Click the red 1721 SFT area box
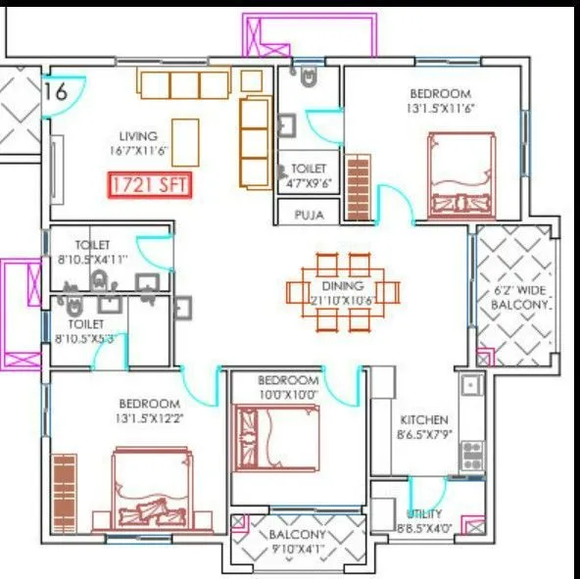(x=150, y=183)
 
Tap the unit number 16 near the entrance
(x=56, y=92)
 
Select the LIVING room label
(x=139, y=135)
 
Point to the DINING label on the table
(x=344, y=287)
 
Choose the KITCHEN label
(x=423, y=418)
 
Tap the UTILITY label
(x=423, y=513)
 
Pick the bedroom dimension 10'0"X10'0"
(x=289, y=394)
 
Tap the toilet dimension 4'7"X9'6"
(x=309, y=183)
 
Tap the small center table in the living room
(x=186, y=136)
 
